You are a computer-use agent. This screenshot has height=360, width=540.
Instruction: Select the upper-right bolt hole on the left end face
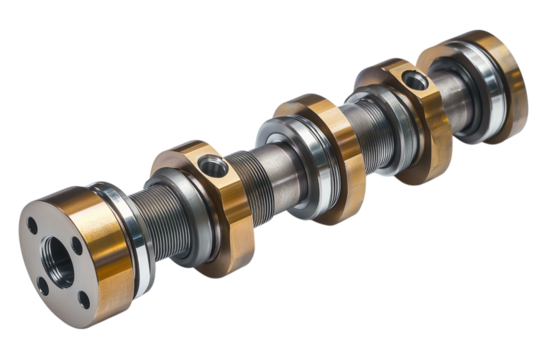tap(76, 241)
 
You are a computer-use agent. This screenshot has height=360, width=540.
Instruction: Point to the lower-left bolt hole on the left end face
tap(42, 284)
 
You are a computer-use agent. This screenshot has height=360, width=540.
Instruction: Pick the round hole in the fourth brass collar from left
tap(413, 80)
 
